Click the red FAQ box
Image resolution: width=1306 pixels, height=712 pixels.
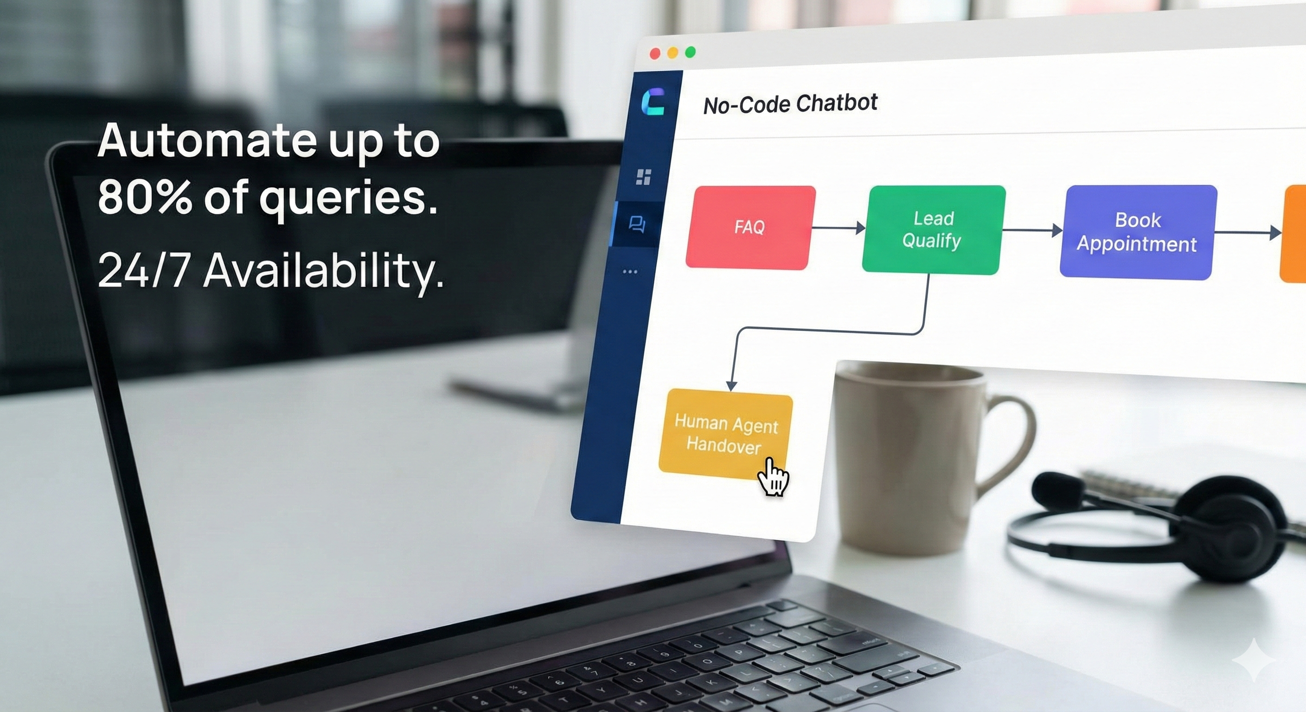(750, 228)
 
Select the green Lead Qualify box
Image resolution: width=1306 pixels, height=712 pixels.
(934, 229)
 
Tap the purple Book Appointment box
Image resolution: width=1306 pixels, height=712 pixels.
(1138, 232)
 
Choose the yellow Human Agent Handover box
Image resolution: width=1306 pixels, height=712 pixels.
(725, 434)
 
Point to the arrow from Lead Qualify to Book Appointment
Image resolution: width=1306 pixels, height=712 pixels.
(1032, 230)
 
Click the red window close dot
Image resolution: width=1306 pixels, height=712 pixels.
(655, 54)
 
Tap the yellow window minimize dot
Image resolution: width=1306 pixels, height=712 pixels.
(673, 53)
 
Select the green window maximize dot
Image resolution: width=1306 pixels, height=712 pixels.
(691, 52)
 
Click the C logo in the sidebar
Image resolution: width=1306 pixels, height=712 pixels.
(653, 102)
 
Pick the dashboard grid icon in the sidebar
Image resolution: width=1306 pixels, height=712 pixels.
(643, 177)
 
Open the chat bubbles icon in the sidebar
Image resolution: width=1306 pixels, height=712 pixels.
(637, 224)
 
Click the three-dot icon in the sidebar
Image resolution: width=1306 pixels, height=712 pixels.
(630, 272)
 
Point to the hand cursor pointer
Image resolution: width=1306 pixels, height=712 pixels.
(773, 477)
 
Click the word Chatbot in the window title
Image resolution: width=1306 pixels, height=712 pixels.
(837, 103)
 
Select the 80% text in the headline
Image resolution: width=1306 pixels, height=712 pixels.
(145, 196)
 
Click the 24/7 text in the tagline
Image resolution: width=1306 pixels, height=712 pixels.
(144, 271)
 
